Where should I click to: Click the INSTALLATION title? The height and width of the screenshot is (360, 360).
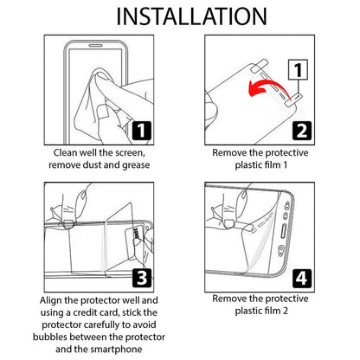(x=179, y=16)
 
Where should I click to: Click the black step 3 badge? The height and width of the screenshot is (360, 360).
(x=142, y=277)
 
